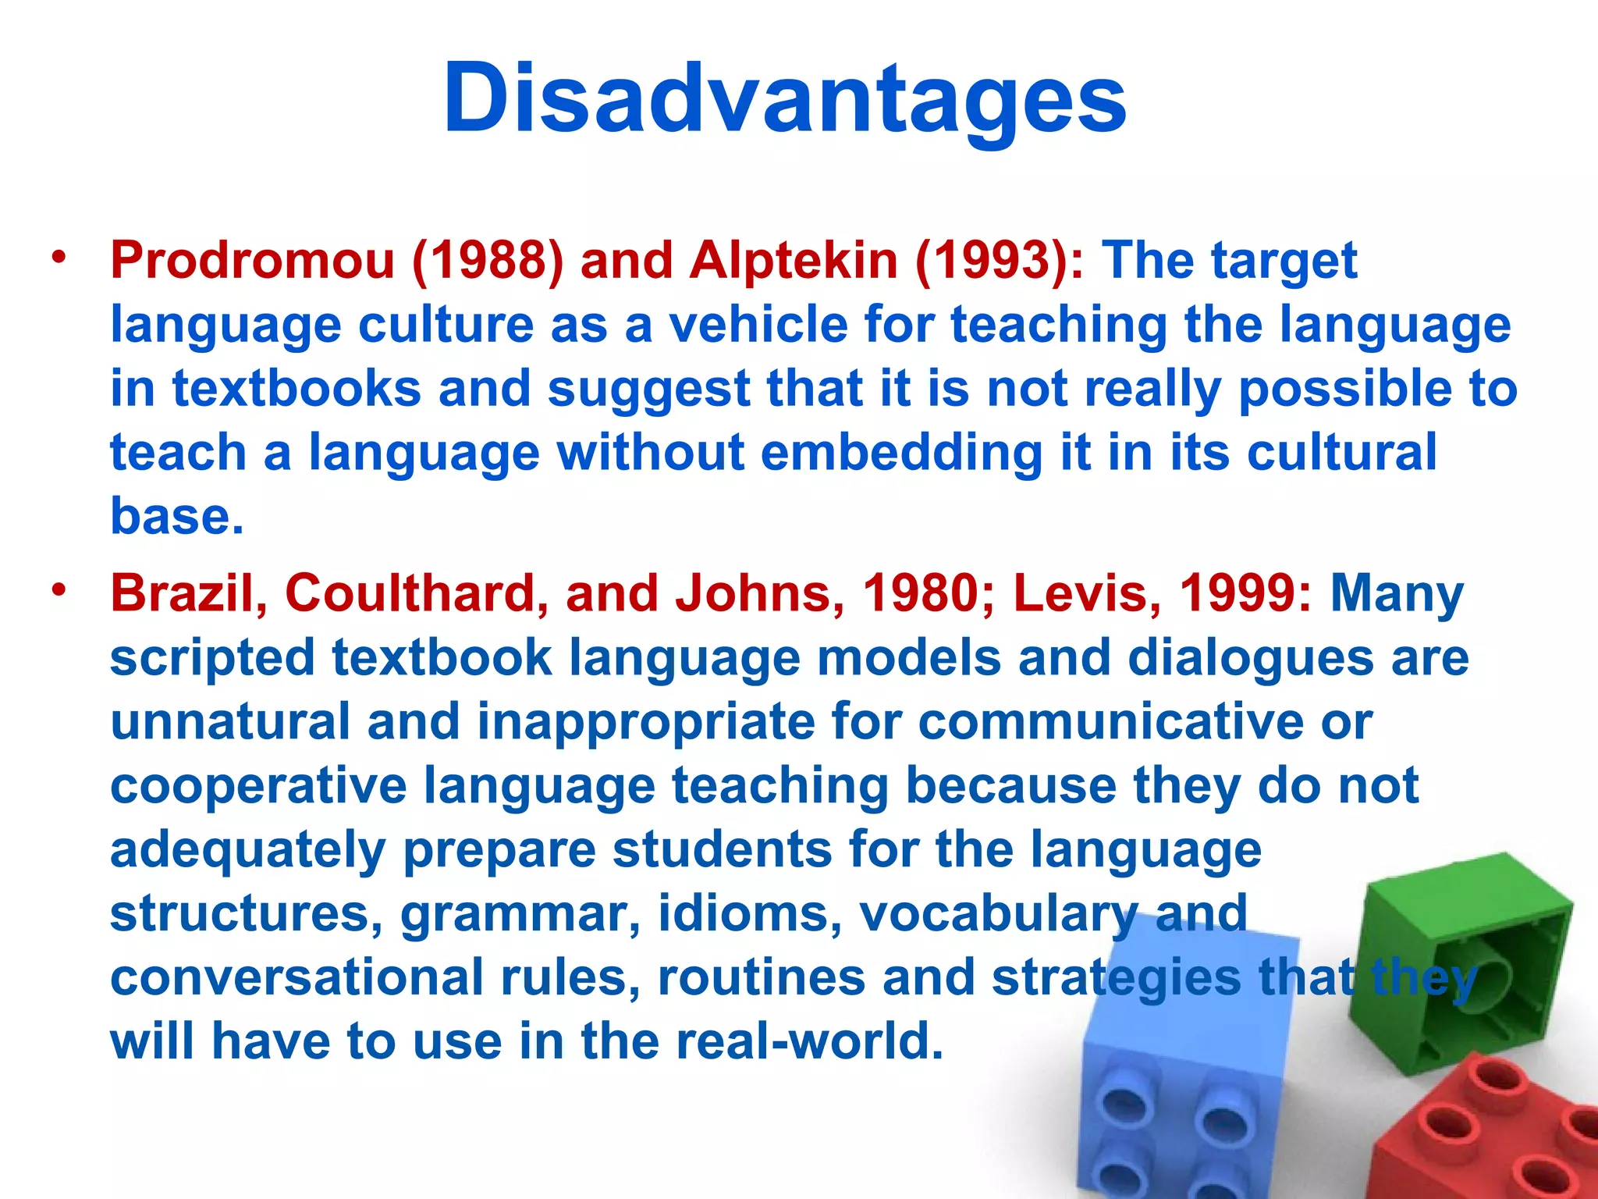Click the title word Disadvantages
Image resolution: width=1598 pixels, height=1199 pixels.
tap(784, 100)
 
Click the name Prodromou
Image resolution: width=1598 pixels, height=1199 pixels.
tap(252, 260)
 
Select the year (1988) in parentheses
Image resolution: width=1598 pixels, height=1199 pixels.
tap(487, 261)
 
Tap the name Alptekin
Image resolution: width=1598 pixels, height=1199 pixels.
tap(793, 260)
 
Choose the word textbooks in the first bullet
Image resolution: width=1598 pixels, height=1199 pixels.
tap(297, 388)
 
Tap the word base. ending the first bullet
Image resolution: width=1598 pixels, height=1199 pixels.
tap(177, 516)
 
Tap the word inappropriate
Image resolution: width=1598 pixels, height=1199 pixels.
tap(645, 721)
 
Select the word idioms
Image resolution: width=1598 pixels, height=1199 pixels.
tap(750, 913)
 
